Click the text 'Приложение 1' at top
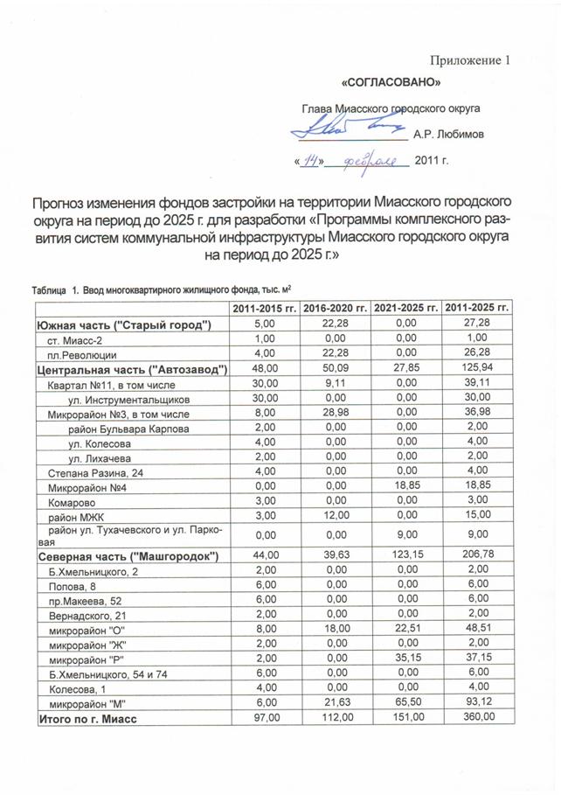point(468,60)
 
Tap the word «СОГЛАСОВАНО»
point(388,83)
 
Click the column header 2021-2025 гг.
point(405,309)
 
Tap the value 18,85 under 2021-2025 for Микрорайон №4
point(405,487)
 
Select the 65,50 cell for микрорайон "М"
point(405,703)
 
